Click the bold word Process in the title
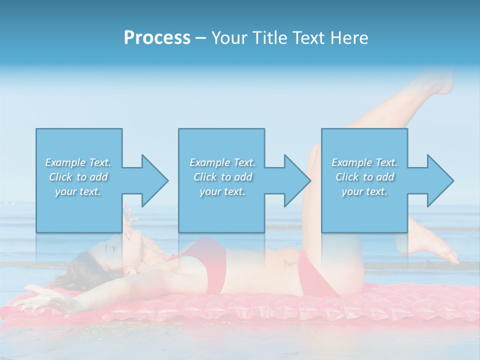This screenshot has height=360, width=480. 157,38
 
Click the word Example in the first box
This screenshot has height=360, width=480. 65,162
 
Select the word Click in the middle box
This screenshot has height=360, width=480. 204,177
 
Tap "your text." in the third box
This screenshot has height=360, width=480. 364,191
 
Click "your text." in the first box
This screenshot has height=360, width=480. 78,191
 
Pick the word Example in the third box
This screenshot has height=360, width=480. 351,162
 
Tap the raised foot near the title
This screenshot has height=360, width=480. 440,82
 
